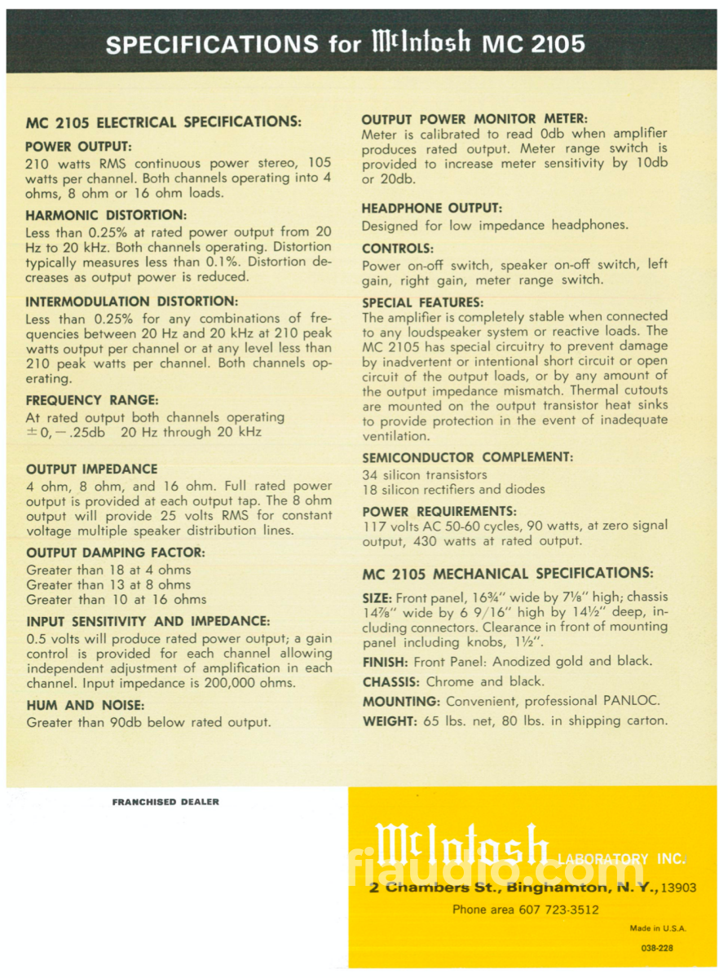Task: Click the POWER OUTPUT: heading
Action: tap(73, 148)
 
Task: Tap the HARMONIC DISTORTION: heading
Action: tap(107, 215)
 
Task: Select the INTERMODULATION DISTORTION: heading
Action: tap(131, 301)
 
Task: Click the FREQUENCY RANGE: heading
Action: tap(92, 400)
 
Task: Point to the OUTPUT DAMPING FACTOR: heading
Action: tap(116, 553)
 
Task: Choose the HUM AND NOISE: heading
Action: tap(85, 705)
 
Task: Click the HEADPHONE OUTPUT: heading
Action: tap(431, 209)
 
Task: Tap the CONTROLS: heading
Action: tap(398, 248)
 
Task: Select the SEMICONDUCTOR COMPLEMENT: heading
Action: tap(467, 457)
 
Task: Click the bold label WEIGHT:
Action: tap(390, 720)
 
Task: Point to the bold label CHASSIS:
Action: tap(391, 681)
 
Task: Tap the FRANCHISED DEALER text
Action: tap(165, 802)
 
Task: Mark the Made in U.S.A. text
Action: tap(658, 928)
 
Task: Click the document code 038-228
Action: tap(657, 948)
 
